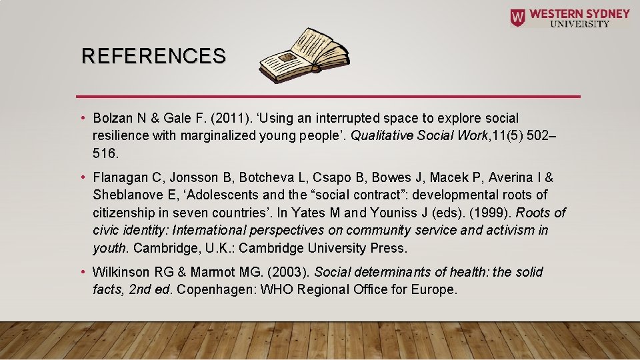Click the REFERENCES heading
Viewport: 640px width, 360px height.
click(x=153, y=56)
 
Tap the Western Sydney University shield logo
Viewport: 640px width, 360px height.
click(x=517, y=17)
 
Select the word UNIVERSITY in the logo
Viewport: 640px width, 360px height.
click(x=579, y=24)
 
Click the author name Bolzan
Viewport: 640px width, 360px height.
click(x=112, y=118)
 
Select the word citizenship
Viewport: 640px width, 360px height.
click(x=123, y=213)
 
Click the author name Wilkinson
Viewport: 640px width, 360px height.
click(x=121, y=272)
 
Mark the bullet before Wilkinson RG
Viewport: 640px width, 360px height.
click(x=83, y=272)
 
